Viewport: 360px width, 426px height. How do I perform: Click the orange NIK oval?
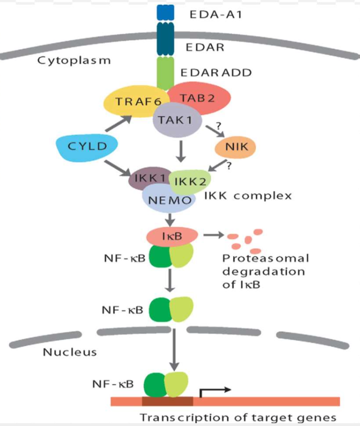[x=236, y=146]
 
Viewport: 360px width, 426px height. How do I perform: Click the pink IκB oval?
[x=172, y=236]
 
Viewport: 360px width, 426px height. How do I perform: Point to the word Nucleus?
[x=70, y=351]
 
